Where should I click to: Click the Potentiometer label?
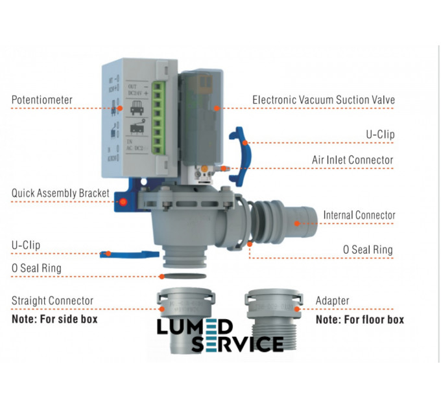pyautogui.click(x=42, y=100)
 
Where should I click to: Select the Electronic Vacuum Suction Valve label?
pyautogui.click(x=323, y=100)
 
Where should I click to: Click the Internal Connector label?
pyautogui.click(x=359, y=215)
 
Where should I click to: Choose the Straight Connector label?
pyautogui.click(x=53, y=301)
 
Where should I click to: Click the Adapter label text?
pyautogui.click(x=332, y=301)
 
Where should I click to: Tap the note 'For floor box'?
pyautogui.click(x=360, y=319)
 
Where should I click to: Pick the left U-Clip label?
pyautogui.click(x=25, y=245)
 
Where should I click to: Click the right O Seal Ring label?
pyautogui.click(x=368, y=249)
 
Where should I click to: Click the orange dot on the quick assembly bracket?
pyautogui.click(x=122, y=202)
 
